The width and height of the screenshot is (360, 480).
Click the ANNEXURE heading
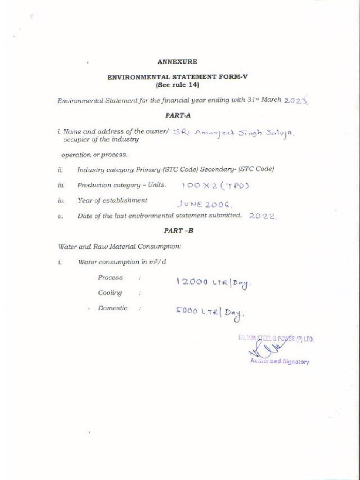click(x=177, y=61)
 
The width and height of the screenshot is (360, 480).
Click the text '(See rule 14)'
click(x=177, y=85)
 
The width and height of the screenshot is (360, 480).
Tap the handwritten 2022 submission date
click(x=263, y=216)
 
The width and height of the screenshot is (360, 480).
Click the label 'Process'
click(x=110, y=277)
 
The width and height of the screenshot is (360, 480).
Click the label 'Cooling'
click(x=110, y=292)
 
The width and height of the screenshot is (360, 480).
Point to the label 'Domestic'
click(x=112, y=308)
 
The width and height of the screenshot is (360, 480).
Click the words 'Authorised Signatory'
click(x=279, y=361)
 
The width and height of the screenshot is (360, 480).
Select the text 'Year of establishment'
click(x=112, y=200)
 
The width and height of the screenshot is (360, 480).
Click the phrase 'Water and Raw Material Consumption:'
click(x=119, y=246)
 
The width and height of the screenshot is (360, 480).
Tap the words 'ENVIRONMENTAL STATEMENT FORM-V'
click(x=177, y=77)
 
